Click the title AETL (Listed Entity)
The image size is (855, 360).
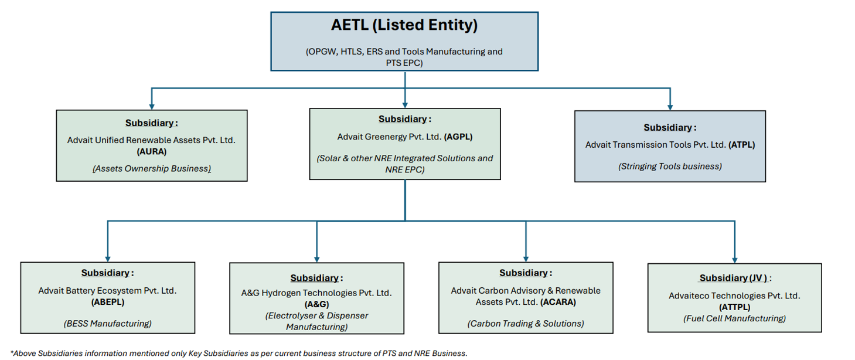click(404, 25)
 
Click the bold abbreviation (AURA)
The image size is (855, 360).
click(152, 151)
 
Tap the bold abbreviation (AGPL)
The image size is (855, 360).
click(458, 137)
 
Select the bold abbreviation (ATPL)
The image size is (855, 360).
click(742, 145)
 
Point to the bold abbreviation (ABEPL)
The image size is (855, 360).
click(108, 302)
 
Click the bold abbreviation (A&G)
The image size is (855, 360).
click(316, 304)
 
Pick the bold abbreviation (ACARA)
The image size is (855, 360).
click(558, 302)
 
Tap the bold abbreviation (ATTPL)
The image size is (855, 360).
click(735, 307)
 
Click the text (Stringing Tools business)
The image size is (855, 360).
click(670, 167)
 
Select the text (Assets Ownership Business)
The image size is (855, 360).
click(152, 169)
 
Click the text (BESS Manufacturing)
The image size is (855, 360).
click(108, 324)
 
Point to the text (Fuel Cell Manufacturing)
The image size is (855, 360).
click(734, 318)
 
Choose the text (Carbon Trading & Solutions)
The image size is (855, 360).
click(526, 324)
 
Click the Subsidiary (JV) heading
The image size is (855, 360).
click(735, 278)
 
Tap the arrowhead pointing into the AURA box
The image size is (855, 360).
click(152, 107)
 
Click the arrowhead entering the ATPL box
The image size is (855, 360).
click(670, 107)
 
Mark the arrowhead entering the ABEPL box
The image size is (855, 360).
click(108, 259)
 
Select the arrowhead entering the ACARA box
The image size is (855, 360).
click(526, 259)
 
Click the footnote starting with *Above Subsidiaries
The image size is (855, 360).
click(239, 354)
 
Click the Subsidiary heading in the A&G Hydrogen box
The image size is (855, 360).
click(316, 278)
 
